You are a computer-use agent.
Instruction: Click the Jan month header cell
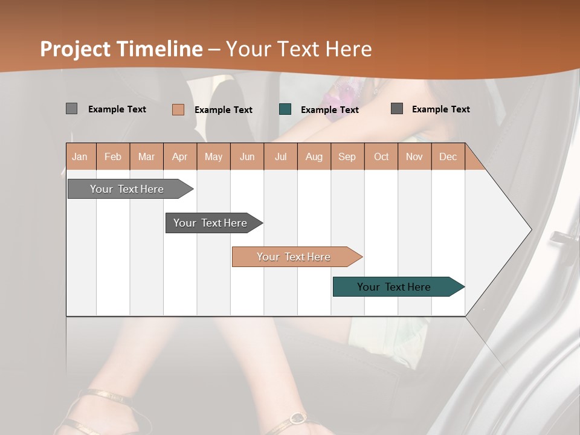[x=80, y=156]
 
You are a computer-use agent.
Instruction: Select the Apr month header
[x=179, y=156]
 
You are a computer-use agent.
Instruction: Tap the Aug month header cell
[x=314, y=156]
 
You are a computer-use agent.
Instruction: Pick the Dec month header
[x=448, y=156]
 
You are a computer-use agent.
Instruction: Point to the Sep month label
[x=347, y=156]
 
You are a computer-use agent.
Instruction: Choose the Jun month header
[x=246, y=156]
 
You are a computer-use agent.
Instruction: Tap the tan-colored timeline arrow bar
[x=295, y=257]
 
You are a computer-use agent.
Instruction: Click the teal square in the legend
[x=285, y=109]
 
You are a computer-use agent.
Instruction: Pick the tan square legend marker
[x=178, y=109]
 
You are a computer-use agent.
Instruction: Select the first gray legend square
[x=71, y=109]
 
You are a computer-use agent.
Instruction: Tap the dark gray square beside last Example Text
[x=396, y=109]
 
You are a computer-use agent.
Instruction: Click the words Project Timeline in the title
[x=121, y=49]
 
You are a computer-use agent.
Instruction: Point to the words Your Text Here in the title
[x=298, y=49]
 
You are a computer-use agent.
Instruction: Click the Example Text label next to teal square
[x=329, y=110]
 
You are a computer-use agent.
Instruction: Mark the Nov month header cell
[x=414, y=156]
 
